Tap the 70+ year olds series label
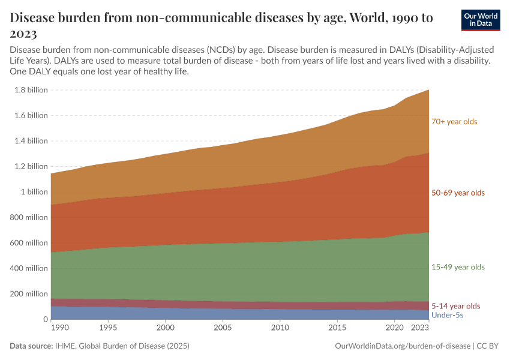pyautogui.click(x=454, y=122)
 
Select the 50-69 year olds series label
pyautogui.click(x=458, y=193)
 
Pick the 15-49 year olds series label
pyautogui.click(x=458, y=267)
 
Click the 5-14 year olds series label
pyautogui.click(x=455, y=306)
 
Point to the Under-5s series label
pyautogui.click(x=447, y=315)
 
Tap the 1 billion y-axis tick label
pyautogui.click(x=34, y=192)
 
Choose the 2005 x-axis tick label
pyautogui.click(x=222, y=328)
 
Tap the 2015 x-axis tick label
pyautogui.click(x=337, y=328)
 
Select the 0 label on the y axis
pyautogui.click(x=45, y=319)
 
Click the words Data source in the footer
pyautogui.click(x=30, y=346)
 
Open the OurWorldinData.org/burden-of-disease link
pyautogui.click(x=401, y=346)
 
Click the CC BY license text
pyautogui.click(x=489, y=346)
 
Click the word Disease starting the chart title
pyautogui.click(x=35, y=18)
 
